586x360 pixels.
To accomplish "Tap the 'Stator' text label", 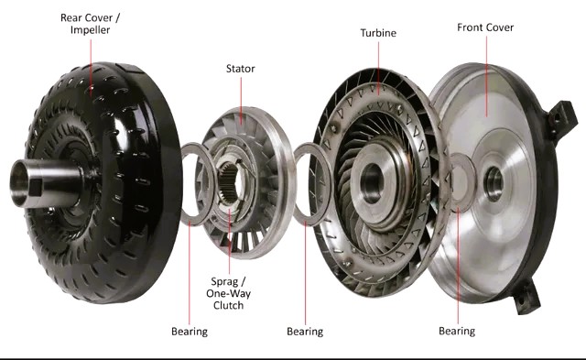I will click(241, 68).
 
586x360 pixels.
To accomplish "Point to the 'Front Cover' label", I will click(485, 27).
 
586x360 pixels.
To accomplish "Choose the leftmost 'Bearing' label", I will click(190, 331).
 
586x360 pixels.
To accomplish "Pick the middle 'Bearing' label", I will click(305, 331).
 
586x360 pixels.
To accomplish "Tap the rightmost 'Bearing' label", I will click(456, 330).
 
